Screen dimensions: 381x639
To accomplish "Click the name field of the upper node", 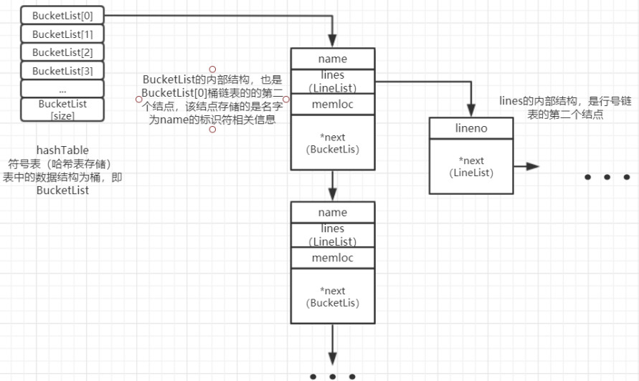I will click(x=332, y=59).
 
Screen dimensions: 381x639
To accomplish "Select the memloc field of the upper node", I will click(x=332, y=105).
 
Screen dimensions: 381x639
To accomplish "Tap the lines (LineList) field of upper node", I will click(x=332, y=81).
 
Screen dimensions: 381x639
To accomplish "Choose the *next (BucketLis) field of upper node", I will click(x=332, y=143).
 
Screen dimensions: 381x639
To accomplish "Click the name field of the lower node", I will click(x=332, y=213).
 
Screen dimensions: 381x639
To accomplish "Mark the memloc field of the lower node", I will click(x=332, y=258).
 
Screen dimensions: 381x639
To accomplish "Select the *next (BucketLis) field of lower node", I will click(x=332, y=296).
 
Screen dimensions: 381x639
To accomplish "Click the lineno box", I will click(x=470, y=129).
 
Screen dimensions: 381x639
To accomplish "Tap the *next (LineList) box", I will click(x=470, y=167).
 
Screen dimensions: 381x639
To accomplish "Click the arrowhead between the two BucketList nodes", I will click(x=333, y=194).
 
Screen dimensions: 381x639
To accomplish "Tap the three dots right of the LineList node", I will click(x=607, y=177).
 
